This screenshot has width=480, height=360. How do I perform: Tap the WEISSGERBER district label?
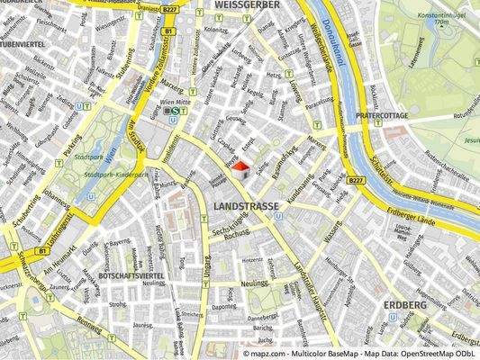(244, 5)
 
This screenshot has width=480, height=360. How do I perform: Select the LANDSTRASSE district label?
(247, 206)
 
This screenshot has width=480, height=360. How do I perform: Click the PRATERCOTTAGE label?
(382, 116)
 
